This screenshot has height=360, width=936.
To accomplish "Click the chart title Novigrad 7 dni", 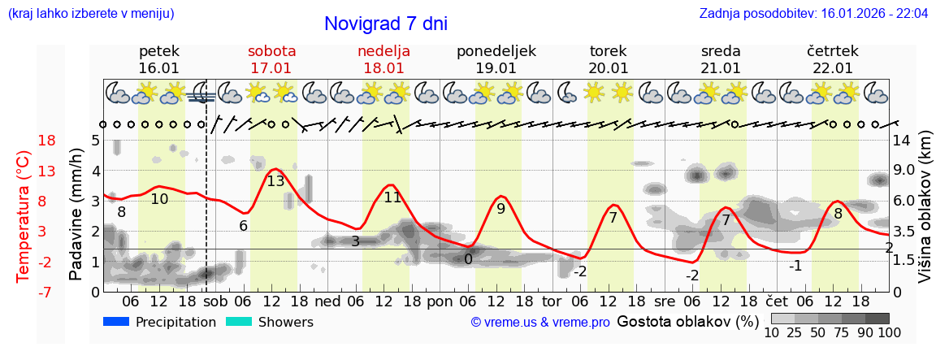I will pyautogui.click(x=385, y=24).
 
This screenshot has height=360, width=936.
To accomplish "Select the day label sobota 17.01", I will pyautogui.click(x=271, y=59).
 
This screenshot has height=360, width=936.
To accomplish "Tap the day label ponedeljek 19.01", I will pyautogui.click(x=496, y=59).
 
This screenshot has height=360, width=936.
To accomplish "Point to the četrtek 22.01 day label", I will pyautogui.click(x=832, y=59).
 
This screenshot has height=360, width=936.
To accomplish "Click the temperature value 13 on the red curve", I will pyautogui.click(x=275, y=181).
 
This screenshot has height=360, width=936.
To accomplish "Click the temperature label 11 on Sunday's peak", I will pyautogui.click(x=392, y=197).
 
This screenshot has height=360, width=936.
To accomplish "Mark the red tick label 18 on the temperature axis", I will pyautogui.click(x=46, y=141).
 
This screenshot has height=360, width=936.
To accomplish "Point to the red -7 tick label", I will pyautogui.click(x=46, y=292).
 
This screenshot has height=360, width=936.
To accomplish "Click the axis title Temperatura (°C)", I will pyautogui.click(x=23, y=216).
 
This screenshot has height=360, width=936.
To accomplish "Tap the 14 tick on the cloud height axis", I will pyautogui.click(x=902, y=141).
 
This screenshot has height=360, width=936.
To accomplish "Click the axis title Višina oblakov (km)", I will pyautogui.click(x=925, y=216).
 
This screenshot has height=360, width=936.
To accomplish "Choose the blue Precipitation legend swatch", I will pyautogui.click(x=116, y=322).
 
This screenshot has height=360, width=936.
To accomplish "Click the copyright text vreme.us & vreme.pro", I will pyautogui.click(x=540, y=323).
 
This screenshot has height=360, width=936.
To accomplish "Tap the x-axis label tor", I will pyautogui.click(x=552, y=300).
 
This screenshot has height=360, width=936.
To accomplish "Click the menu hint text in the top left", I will pyautogui.click(x=90, y=14).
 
